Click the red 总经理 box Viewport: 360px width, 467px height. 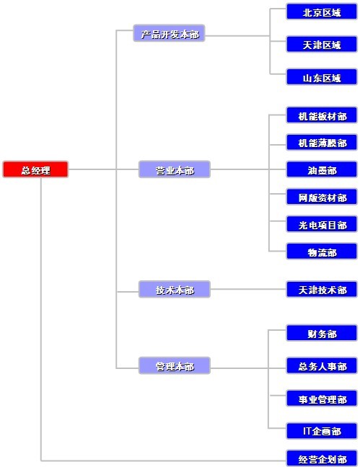[x=35, y=169]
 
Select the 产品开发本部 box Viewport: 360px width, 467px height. [x=169, y=33]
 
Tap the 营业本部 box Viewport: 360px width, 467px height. [x=175, y=169]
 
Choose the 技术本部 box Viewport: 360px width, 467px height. [x=175, y=289]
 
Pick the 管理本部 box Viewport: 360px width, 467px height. [x=175, y=365]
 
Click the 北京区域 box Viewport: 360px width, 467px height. [x=322, y=12]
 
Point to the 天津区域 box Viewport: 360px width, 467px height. [x=322, y=44]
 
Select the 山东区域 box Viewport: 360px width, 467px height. [x=322, y=77]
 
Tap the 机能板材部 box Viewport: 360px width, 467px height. [x=322, y=115]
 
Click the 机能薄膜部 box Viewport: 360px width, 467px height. [x=322, y=143]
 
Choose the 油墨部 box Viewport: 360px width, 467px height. [x=322, y=169]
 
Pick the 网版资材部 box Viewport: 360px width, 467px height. [x=322, y=197]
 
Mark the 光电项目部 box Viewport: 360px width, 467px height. [x=322, y=224]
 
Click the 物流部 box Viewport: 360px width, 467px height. [x=322, y=252]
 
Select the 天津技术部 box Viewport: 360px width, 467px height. [x=322, y=289]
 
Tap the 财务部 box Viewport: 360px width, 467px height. [x=322, y=333]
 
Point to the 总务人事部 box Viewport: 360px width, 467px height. [x=322, y=365]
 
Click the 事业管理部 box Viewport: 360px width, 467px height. [x=322, y=399]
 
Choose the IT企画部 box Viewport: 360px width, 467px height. [x=322, y=431]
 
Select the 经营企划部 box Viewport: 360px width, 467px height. [x=322, y=458]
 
